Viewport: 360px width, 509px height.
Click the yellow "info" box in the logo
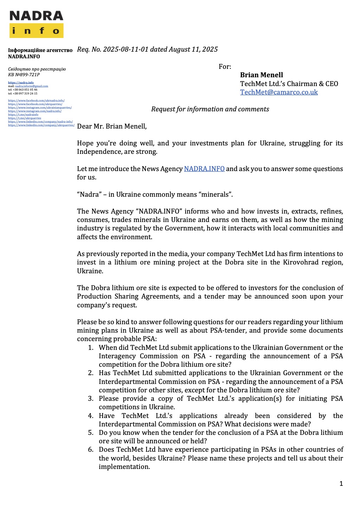pyautogui.click(x=36, y=31)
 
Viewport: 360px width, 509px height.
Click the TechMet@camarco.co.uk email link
pyautogui.click(x=279, y=92)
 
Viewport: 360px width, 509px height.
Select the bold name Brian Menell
pyautogui.click(x=261, y=75)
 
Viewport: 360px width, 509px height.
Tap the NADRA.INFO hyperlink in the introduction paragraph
pyautogui.click(x=204, y=169)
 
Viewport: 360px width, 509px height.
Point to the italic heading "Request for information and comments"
pyautogui.click(x=210, y=109)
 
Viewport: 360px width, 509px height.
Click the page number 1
pyautogui.click(x=341, y=484)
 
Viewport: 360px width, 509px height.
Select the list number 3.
pyautogui.click(x=91, y=398)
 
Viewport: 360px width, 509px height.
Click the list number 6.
pyautogui.click(x=91, y=450)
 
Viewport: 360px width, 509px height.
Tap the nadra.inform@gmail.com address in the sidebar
pyautogui.click(x=32, y=86)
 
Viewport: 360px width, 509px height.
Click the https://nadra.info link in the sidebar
pyautogui.click(x=21, y=83)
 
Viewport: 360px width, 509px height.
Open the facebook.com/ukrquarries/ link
pyautogui.click(x=35, y=104)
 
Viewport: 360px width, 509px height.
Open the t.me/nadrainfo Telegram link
pyautogui.click(x=23, y=115)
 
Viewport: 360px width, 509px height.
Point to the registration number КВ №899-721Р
pyautogui.click(x=24, y=74)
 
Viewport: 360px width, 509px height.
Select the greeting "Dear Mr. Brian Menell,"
pyautogui.click(x=112, y=126)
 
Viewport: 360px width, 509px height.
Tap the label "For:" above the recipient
pyautogui.click(x=225, y=66)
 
